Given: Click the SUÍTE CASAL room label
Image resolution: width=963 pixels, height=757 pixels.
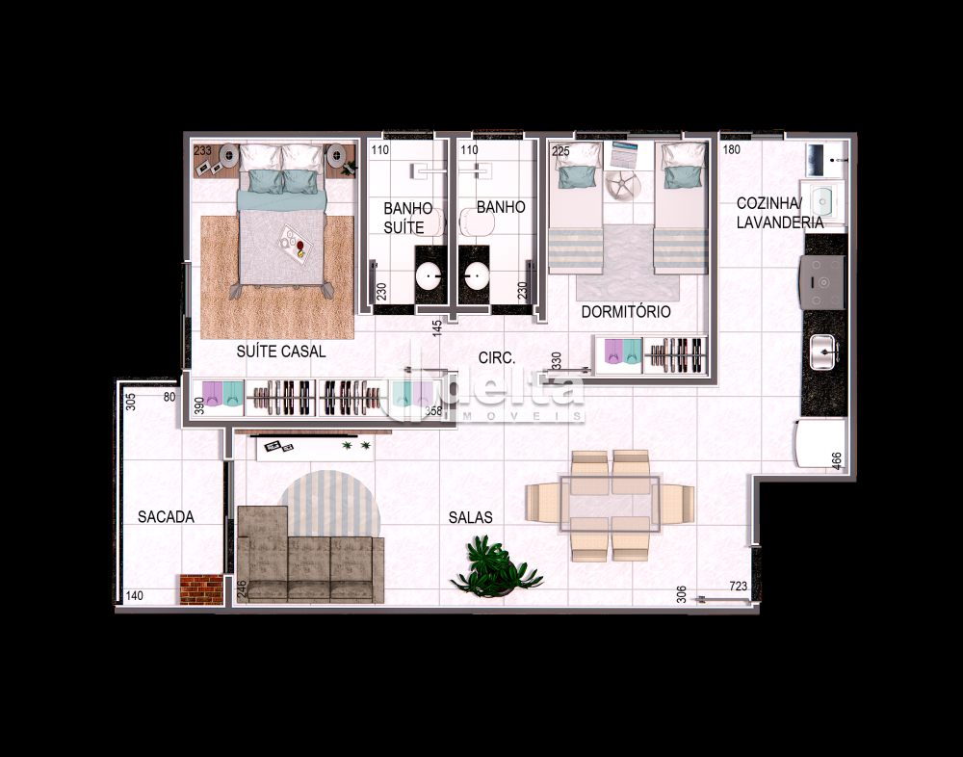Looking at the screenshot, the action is tap(280, 352).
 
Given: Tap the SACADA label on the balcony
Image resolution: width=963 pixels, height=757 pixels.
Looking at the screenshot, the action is tap(166, 517).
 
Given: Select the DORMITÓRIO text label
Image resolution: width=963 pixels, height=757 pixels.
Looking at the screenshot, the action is tap(626, 311).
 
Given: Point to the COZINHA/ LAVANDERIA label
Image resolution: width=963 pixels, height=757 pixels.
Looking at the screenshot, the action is tap(779, 213).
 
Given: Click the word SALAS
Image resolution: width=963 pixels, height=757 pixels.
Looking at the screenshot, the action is tap(471, 517).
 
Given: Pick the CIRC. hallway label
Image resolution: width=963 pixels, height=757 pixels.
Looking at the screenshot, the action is tap(497, 357).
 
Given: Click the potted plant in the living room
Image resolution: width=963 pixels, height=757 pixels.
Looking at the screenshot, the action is tap(496, 566).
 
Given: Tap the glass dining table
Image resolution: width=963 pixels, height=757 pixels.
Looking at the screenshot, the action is tap(610, 504).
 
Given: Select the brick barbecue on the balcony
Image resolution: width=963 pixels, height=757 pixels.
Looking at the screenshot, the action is tap(201, 589).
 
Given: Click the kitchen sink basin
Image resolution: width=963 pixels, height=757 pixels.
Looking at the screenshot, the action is tap(824, 352).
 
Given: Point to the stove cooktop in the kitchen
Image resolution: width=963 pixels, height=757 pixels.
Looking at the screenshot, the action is tap(821, 282).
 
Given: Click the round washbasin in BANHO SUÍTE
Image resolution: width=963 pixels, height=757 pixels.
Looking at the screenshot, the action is tap(429, 275).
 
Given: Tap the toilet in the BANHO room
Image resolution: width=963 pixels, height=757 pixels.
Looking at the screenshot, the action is tap(478, 222).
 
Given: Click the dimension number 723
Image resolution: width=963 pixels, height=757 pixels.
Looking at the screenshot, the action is tap(739, 587).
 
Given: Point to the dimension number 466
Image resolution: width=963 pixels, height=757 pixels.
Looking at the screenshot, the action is tap(837, 460).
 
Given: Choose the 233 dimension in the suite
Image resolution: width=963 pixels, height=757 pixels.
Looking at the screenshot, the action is tap(202, 150).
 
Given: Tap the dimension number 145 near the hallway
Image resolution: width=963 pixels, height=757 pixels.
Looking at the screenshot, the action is tap(437, 326).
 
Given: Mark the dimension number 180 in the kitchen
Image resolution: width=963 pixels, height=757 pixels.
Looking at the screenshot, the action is tap(732, 149).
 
